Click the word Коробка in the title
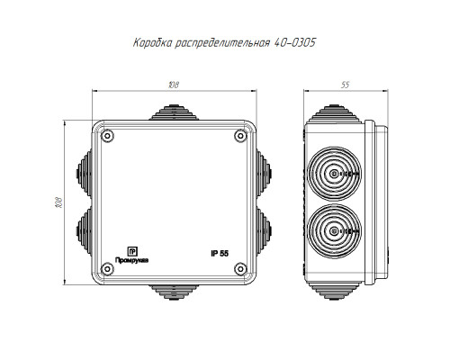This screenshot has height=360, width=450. coord(153,43)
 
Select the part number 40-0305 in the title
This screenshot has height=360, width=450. coord(295,42)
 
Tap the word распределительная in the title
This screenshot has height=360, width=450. coord(222,43)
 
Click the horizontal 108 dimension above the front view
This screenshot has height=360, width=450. coord(174,85)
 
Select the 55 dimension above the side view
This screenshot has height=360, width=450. coord(346,85)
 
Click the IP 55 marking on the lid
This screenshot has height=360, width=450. coord(220,254)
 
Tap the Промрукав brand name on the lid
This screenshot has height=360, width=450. coord(132,260)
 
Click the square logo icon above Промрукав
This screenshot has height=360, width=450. coord(132,251)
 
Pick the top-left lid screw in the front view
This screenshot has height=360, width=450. coord(107,136)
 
